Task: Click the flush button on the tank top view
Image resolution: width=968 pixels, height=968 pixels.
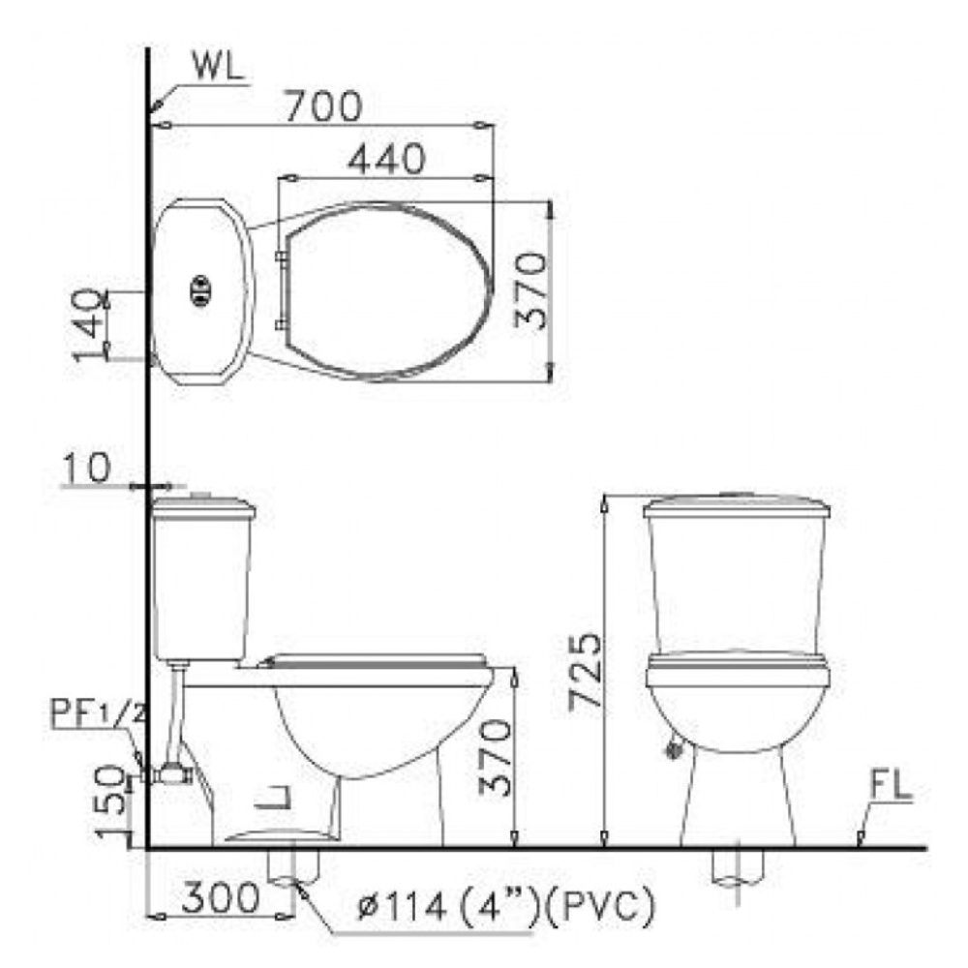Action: pos(200,287)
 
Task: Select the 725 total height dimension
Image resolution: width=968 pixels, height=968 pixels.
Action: pos(583,673)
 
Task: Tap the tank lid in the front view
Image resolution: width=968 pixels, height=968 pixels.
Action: pos(737,504)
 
